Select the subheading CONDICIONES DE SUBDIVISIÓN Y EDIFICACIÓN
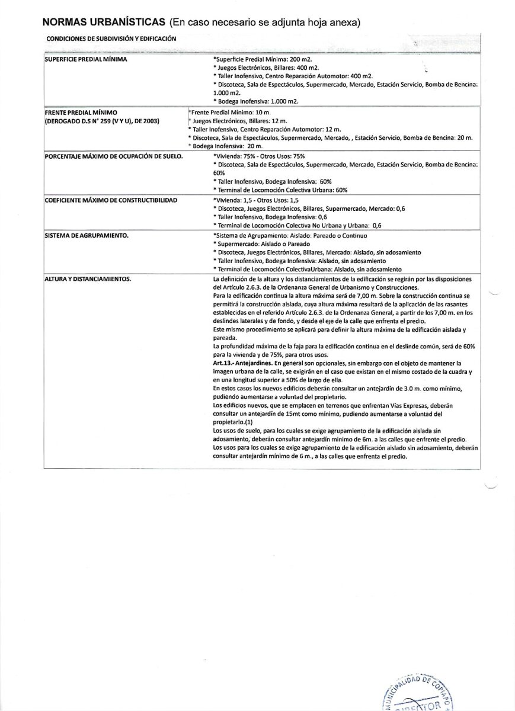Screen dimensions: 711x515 tap(110, 39)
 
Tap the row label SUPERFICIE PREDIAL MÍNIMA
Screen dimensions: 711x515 tap(87, 60)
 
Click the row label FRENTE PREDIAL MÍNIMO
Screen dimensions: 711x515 tap(81, 112)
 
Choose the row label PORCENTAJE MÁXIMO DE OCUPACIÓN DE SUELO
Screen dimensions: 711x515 tap(113, 156)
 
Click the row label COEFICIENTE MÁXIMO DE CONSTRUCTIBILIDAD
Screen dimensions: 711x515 tap(111, 200)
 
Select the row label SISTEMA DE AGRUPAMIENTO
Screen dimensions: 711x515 tap(87, 235)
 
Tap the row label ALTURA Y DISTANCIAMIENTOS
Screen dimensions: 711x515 tap(88, 278)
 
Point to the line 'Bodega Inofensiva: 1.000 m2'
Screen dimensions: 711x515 tap(256, 101)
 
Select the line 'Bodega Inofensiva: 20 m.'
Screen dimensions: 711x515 tap(226, 146)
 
